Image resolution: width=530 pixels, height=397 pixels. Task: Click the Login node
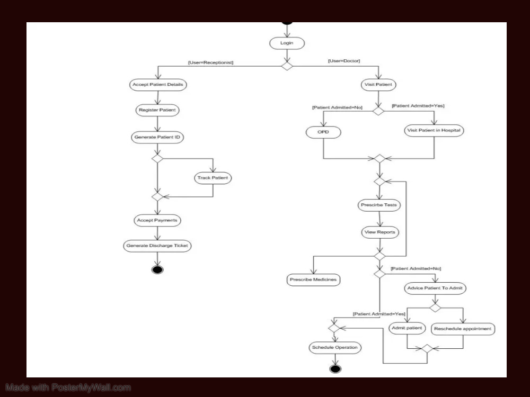point(287,43)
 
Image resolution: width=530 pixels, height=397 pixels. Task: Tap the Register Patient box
point(157,111)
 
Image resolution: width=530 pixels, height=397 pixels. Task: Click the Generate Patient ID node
point(157,137)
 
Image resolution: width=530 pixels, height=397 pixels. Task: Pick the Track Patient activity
point(213,178)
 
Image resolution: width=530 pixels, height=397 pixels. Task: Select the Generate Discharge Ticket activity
point(157,246)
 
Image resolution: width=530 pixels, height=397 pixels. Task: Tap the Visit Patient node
point(378,85)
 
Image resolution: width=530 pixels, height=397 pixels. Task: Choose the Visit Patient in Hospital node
point(434,131)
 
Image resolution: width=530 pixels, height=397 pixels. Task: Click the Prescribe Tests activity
point(379,205)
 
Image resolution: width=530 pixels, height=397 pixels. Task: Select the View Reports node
point(379,232)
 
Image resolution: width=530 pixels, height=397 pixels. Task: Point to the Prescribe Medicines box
point(313,279)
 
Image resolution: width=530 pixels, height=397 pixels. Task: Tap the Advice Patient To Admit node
point(435,288)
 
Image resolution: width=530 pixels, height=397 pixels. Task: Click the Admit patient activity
point(407,328)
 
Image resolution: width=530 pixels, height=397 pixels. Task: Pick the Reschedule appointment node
point(463,329)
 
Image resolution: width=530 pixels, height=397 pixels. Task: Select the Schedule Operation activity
point(335,348)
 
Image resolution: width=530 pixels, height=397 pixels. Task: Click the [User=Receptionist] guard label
point(210,62)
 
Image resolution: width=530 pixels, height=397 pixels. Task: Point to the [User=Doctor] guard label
point(344,61)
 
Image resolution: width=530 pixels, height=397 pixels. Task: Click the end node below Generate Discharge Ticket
point(157,270)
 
